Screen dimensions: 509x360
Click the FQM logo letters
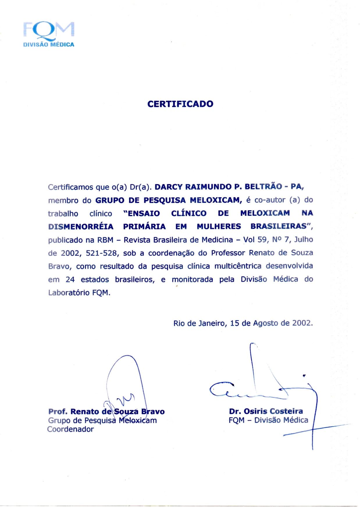(49, 30)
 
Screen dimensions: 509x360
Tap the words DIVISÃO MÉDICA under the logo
(49, 45)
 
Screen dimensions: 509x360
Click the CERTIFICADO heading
(180, 104)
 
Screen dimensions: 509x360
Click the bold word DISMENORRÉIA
(81, 227)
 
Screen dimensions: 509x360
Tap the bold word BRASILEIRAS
(279, 226)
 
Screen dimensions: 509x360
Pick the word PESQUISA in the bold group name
(165, 200)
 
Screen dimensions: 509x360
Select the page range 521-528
(102, 253)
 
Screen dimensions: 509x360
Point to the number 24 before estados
(70, 280)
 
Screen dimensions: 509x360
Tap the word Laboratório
(69, 293)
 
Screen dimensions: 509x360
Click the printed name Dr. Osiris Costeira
(266, 411)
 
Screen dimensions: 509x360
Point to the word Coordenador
(70, 429)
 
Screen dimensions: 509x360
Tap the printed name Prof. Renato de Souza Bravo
(106, 412)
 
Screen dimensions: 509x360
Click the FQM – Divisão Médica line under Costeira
(268, 420)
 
